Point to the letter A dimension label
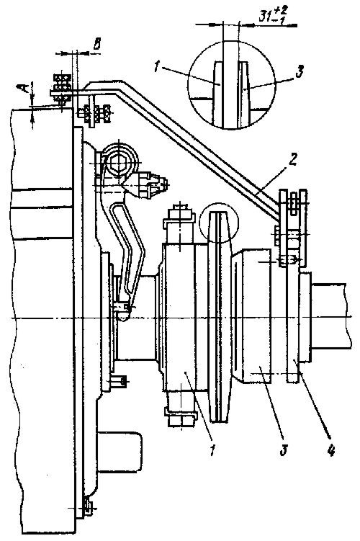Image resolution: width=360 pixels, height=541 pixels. pos(24,90)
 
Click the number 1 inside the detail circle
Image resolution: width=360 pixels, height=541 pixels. pos(157,66)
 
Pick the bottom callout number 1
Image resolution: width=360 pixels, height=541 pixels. pos(213,449)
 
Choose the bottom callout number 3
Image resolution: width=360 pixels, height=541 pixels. pos(283,450)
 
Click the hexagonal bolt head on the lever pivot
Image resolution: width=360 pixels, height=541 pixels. pos(120,162)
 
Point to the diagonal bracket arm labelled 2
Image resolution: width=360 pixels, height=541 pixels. pos(193,148)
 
